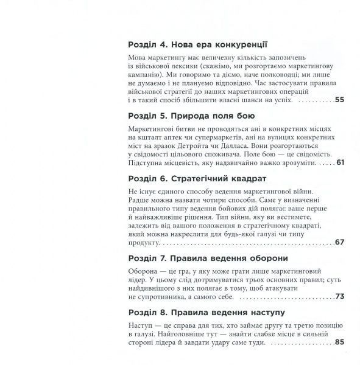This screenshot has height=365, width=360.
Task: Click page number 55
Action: (x=340, y=100)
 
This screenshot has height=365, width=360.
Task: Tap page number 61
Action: (x=340, y=164)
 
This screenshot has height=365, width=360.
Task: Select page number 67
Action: (x=340, y=242)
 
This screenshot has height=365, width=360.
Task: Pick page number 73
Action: (x=340, y=296)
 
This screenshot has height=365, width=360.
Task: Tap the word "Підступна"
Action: (x=149, y=164)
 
